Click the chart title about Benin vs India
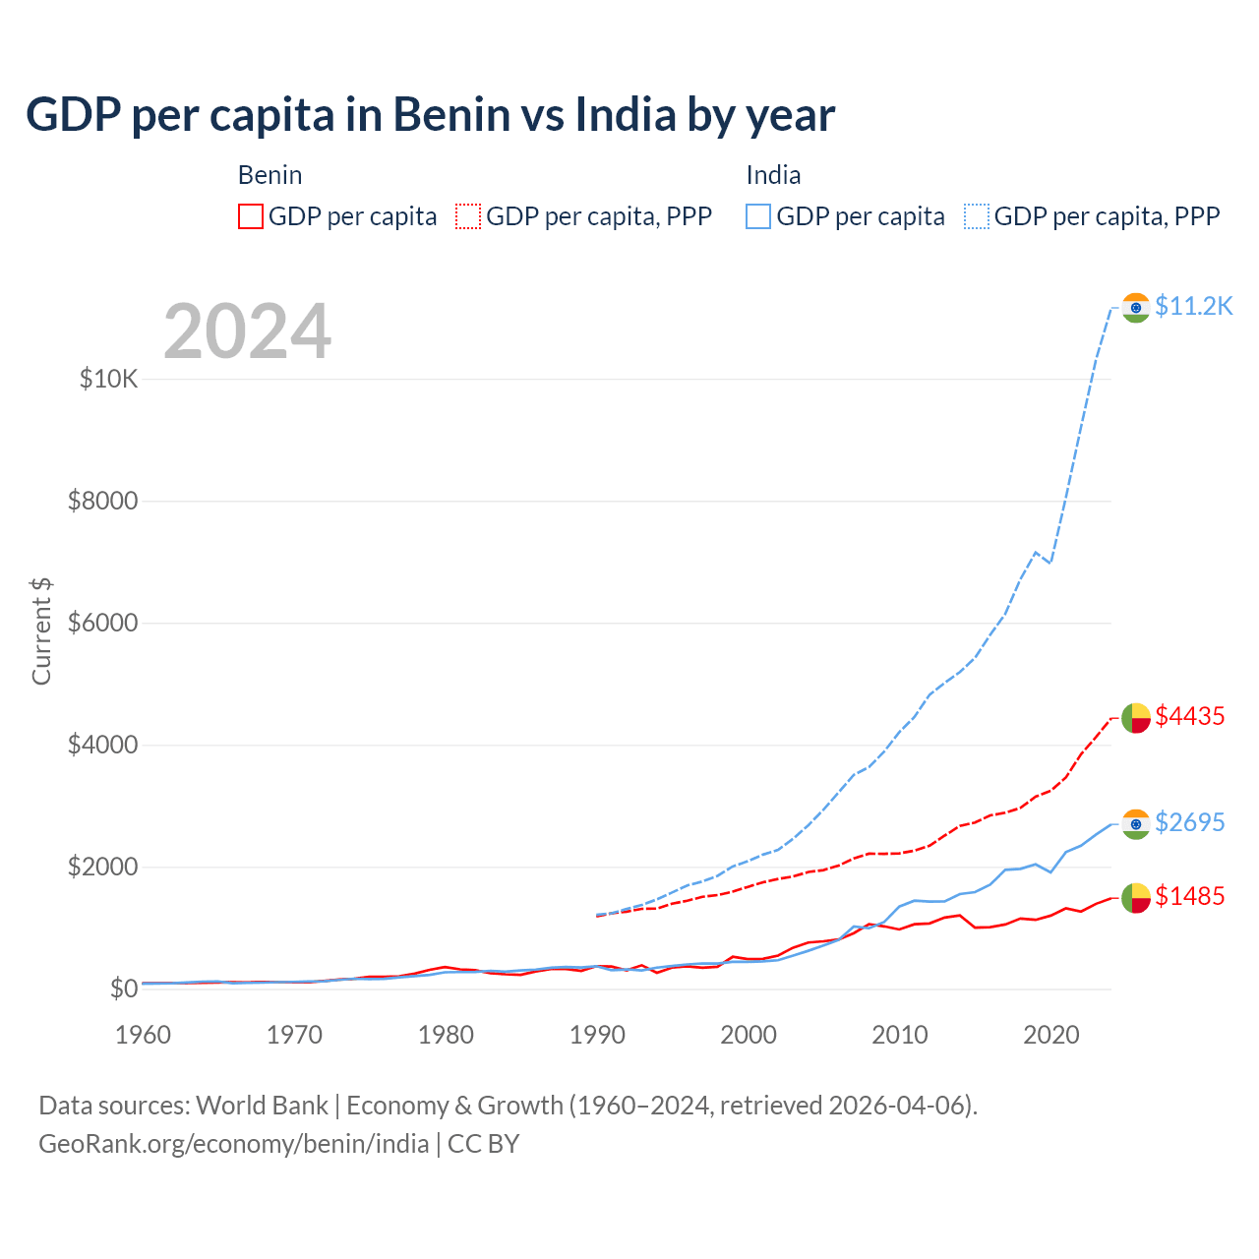pyautogui.click(x=430, y=115)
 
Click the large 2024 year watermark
pyautogui.click(x=247, y=331)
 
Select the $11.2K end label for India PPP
pyautogui.click(x=1193, y=307)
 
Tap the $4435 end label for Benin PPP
pyautogui.click(x=1189, y=717)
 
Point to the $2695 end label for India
pyautogui.click(x=1189, y=822)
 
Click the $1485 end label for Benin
pyautogui.click(x=1189, y=897)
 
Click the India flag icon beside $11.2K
pyautogui.click(x=1136, y=308)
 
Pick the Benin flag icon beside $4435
pyautogui.click(x=1136, y=718)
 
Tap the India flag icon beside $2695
pyautogui.click(x=1136, y=824)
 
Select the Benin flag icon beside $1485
pyautogui.click(x=1136, y=898)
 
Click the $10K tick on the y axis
pyautogui.click(x=108, y=380)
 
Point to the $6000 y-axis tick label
pyautogui.click(x=102, y=624)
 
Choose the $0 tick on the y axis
pyautogui.click(x=123, y=989)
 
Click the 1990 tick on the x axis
pyautogui.click(x=597, y=1035)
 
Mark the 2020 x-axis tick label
pyautogui.click(x=1051, y=1035)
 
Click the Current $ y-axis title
pyautogui.click(x=41, y=631)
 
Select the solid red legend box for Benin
pyautogui.click(x=251, y=216)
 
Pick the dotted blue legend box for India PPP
pyautogui.click(x=977, y=216)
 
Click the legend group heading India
pyautogui.click(x=773, y=176)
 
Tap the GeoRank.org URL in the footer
pyautogui.click(x=234, y=1144)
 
